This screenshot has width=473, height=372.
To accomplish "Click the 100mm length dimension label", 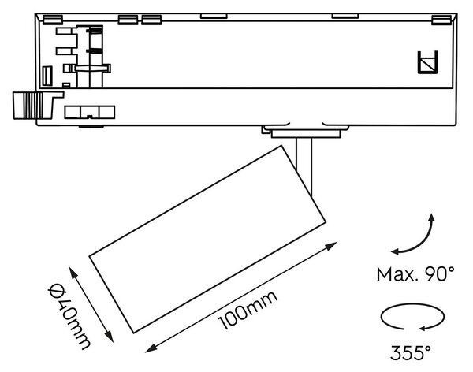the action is coord(248,310).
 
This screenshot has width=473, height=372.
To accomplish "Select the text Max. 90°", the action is coord(415,274).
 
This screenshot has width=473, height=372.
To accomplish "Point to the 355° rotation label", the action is coord(411,352).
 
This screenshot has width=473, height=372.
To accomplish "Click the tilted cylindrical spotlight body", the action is coord(207,239).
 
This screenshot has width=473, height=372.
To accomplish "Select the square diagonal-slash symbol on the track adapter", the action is coord(427,62).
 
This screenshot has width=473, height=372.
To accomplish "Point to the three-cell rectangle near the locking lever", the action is coord(90,112).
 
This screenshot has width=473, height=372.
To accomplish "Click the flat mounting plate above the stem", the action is coord(306,134).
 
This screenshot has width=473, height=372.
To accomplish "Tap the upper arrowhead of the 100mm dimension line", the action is coord(332,246).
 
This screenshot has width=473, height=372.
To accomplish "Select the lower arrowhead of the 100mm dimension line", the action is coord(151,348).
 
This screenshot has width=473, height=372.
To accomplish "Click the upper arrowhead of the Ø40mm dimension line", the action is coord(73,272).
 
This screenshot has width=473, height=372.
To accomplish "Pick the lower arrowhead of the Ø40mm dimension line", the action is coord(110,337).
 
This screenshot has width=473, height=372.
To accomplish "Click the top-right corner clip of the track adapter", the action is coord(441,20).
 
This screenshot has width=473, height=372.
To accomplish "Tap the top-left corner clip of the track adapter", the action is coord(53,20).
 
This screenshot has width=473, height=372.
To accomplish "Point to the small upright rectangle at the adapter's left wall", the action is coord(47,76).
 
